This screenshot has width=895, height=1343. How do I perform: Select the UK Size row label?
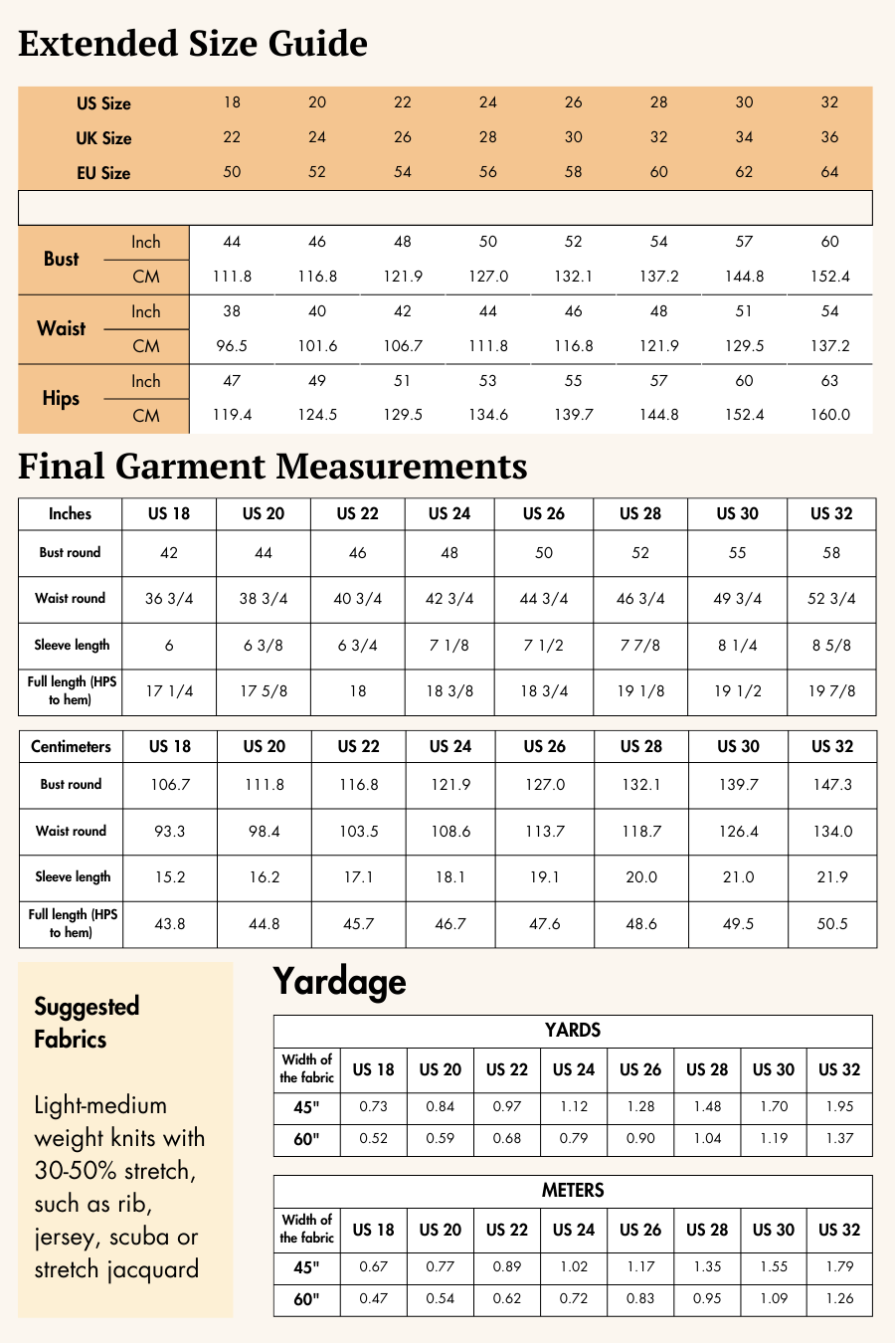click(x=103, y=138)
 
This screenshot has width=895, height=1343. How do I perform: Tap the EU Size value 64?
click(x=829, y=172)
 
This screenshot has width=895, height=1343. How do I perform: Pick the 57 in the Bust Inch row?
click(x=744, y=242)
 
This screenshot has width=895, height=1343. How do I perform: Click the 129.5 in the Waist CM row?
click(x=744, y=346)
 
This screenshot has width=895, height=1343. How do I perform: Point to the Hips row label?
click(x=61, y=399)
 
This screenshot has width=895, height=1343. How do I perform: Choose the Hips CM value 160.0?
click(x=829, y=415)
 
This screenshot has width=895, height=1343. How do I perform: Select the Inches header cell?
click(x=70, y=514)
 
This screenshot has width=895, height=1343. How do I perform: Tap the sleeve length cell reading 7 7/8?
click(x=640, y=646)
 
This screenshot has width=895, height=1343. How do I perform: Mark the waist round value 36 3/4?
click(x=169, y=599)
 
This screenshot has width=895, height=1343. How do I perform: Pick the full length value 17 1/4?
click(x=169, y=691)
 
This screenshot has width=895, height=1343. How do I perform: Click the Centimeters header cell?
click(x=71, y=747)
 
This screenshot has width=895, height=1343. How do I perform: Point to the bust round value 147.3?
click(x=831, y=785)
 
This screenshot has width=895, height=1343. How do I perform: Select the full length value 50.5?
click(x=831, y=924)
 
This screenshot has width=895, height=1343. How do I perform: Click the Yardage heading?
click(x=339, y=982)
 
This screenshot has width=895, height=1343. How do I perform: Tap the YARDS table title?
click(x=573, y=1031)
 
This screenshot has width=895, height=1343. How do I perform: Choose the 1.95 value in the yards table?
click(x=839, y=1107)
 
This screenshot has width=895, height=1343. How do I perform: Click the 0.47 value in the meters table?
click(x=374, y=1299)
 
